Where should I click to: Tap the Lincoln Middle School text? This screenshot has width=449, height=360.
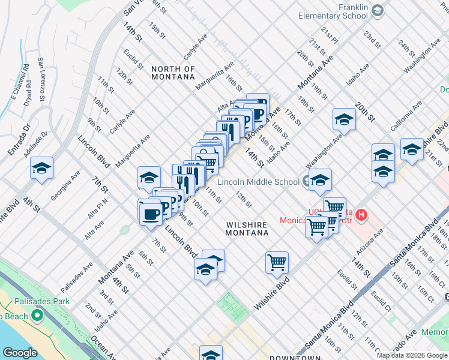click(259, 182)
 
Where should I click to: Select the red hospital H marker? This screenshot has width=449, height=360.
click(361, 214)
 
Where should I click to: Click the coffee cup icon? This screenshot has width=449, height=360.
click(149, 212)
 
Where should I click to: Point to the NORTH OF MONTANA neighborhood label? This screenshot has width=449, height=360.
click(173, 73)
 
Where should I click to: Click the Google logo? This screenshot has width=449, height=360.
click(19, 353)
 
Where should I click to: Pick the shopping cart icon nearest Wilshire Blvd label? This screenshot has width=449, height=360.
click(277, 262)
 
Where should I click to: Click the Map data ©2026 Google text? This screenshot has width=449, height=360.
click(412, 355)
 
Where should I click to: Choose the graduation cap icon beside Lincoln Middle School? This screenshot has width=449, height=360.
click(320, 179)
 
